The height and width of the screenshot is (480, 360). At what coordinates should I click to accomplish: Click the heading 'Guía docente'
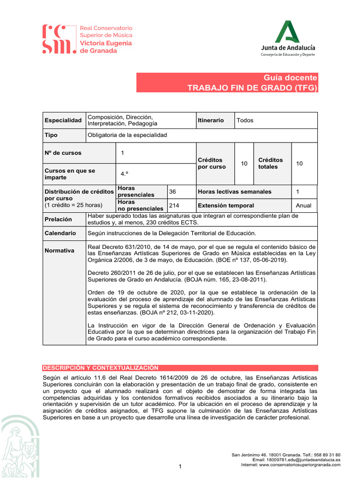point(290,78)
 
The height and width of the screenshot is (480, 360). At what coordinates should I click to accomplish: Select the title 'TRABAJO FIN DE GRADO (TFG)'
point(252,88)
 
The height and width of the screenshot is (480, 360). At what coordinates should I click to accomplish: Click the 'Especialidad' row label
point(63,120)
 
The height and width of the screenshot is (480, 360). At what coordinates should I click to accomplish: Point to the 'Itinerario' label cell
point(210,120)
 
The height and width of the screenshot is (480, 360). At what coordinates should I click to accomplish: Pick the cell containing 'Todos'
point(245,120)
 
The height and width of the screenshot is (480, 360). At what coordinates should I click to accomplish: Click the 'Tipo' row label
point(51,135)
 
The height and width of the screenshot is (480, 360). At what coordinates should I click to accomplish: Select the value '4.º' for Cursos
point(124,173)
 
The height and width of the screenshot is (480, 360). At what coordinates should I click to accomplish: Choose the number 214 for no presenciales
point(174,205)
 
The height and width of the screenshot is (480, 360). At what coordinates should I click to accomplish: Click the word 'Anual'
point(303,205)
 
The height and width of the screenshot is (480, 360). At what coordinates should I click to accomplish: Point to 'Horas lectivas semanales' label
point(234,191)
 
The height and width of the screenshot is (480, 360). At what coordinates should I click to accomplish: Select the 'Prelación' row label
point(58,219)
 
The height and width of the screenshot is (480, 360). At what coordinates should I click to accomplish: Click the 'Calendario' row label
point(60,233)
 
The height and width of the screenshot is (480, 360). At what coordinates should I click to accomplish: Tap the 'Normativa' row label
point(59,250)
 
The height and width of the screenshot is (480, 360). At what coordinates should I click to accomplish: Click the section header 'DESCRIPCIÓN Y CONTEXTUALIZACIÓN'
point(100,368)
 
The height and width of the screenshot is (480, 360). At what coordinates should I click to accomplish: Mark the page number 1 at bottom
point(180,466)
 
